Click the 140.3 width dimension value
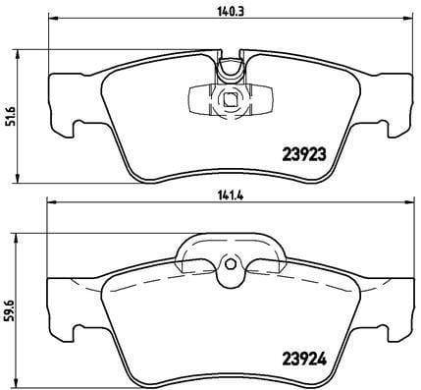coord(232,12)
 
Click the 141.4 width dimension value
coord(230,195)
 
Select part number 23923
coord(304,154)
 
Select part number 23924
coord(304,360)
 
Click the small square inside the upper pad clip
coord(231,99)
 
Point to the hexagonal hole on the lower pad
coord(231,263)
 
